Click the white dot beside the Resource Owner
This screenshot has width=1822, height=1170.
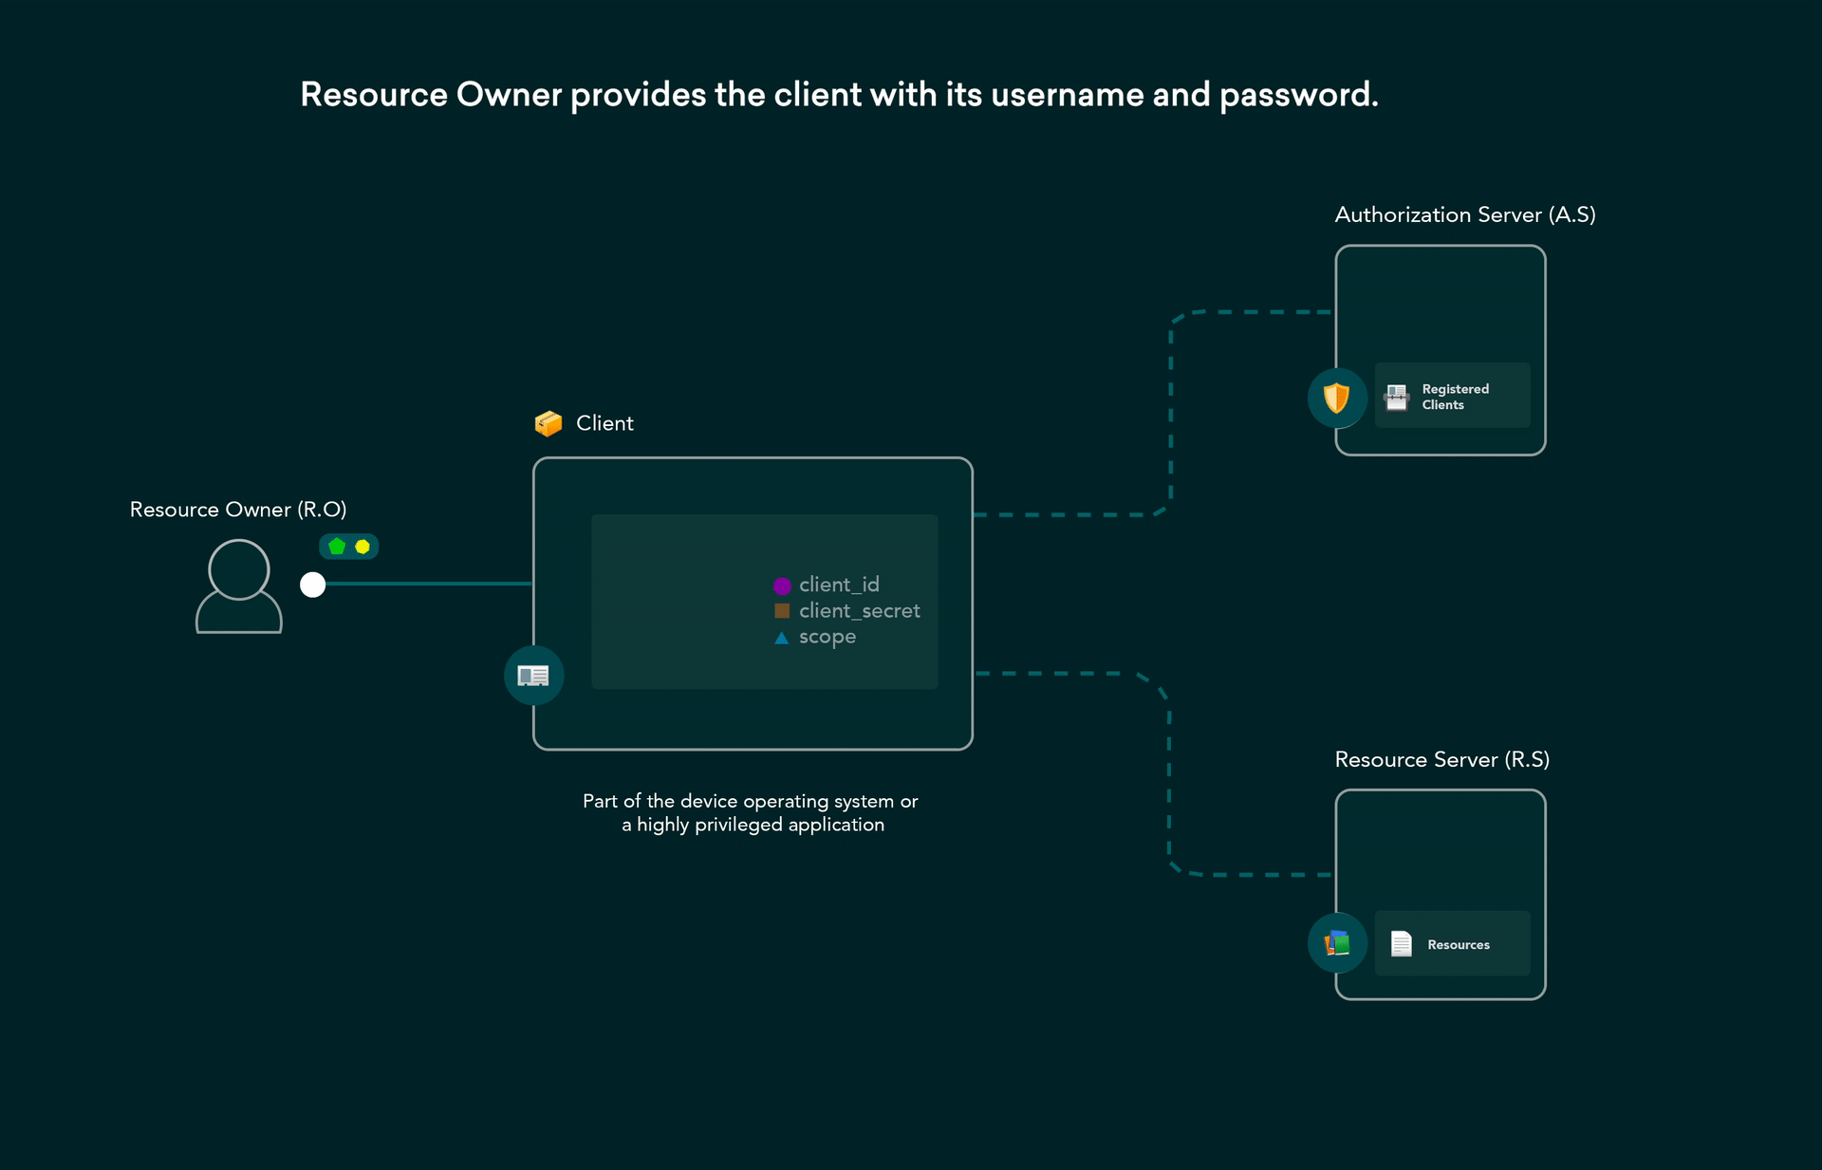[312, 585]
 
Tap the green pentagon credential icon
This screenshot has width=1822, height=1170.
[337, 547]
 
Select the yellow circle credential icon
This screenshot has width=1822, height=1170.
[363, 547]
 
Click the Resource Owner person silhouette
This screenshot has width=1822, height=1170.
[239, 585]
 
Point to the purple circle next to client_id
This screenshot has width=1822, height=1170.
[782, 585]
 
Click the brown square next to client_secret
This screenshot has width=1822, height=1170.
[782, 611]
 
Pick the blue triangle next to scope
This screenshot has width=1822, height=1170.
[782, 638]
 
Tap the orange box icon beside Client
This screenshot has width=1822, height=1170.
[548, 423]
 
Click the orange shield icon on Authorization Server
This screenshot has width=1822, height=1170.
[1336, 398]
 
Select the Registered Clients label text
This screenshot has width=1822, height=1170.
[1455, 397]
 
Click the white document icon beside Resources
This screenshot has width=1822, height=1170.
[1401, 943]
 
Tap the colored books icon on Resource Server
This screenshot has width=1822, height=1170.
[1337, 942]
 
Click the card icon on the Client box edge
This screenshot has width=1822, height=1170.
[533, 676]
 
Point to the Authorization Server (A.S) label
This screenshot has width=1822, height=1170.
[1464, 214]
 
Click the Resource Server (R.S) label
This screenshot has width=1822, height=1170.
[1441, 759]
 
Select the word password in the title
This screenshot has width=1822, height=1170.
[1297, 95]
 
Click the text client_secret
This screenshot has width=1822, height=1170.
[859, 611]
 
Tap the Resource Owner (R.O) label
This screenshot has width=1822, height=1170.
[238, 510]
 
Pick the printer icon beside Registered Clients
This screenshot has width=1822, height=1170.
[1397, 397]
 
